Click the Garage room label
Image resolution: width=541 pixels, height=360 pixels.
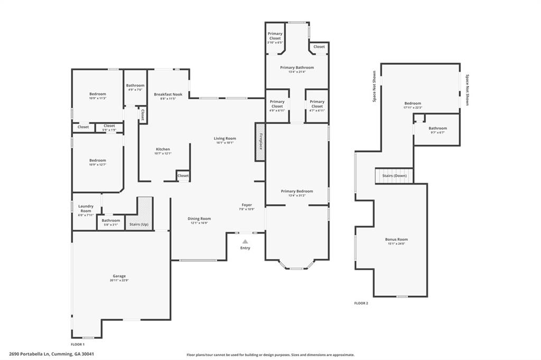(119, 276)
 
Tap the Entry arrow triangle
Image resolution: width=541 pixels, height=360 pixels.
(245, 241)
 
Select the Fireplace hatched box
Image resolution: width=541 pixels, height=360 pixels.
(260, 142)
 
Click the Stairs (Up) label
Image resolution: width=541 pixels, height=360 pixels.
(139, 225)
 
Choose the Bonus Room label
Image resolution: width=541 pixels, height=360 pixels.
(396, 239)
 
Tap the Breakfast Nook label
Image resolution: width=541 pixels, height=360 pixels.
(168, 94)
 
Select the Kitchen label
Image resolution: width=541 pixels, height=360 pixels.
(163, 149)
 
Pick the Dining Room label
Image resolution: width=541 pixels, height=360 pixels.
(199, 219)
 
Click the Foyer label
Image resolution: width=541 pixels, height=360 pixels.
(247, 205)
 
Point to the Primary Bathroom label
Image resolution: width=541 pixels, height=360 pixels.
(297, 68)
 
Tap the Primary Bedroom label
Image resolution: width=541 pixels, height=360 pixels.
(297, 191)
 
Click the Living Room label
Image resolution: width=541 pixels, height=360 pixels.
(225, 138)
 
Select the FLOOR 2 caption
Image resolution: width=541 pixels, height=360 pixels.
(361, 303)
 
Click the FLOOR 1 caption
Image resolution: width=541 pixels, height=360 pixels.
(78, 344)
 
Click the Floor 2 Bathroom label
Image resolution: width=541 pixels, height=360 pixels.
(437, 128)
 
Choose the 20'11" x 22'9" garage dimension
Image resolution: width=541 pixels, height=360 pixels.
(119, 280)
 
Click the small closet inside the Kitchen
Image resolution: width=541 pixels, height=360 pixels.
(183, 176)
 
